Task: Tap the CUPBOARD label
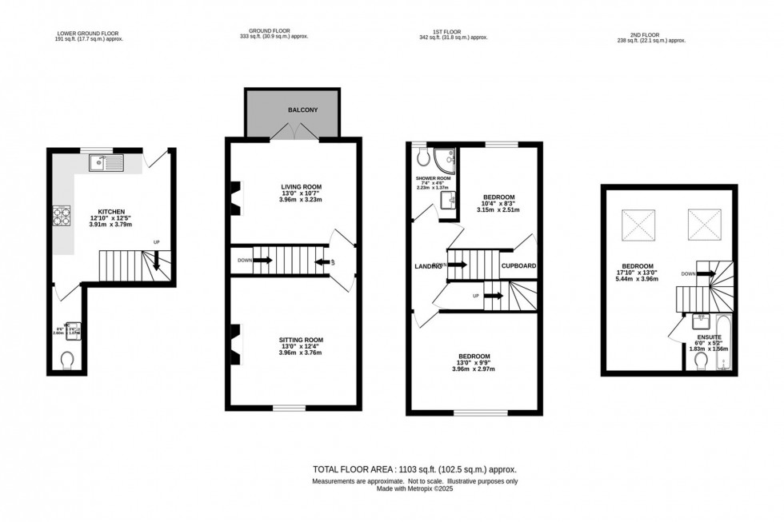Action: pyautogui.click(x=518, y=266)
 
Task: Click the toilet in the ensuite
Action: pyautogui.click(x=702, y=361)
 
